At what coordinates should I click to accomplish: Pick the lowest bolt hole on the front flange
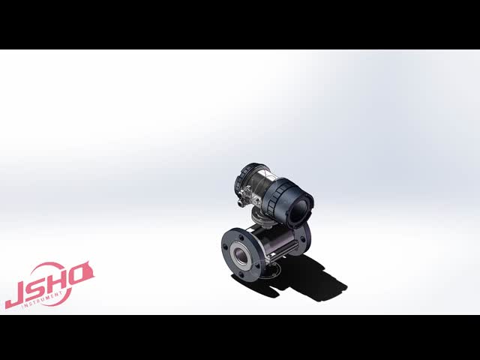[242, 275]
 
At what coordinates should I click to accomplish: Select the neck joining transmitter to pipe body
[264, 220]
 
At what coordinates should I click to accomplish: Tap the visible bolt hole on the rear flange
[303, 238]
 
